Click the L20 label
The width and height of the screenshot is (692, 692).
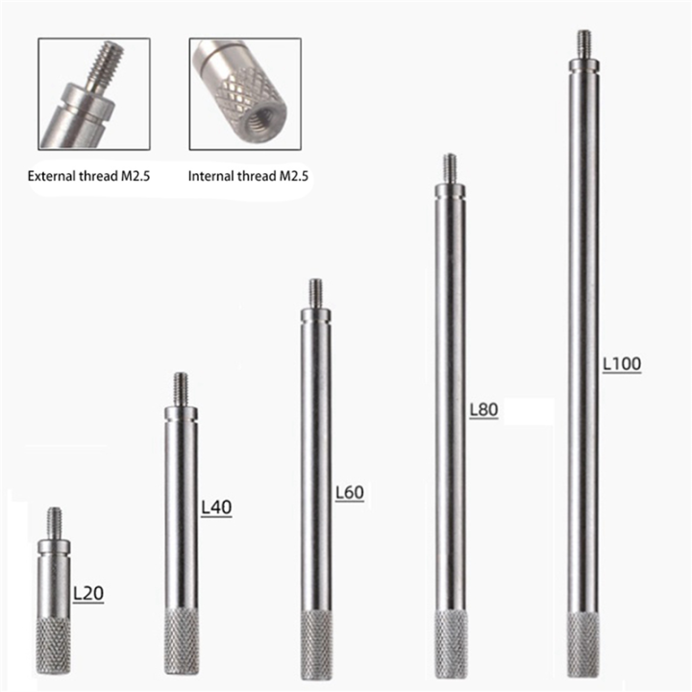(x=87, y=593)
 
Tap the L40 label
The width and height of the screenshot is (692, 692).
(x=217, y=507)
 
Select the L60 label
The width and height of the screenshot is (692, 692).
(x=349, y=493)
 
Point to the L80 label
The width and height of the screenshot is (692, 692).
(x=482, y=410)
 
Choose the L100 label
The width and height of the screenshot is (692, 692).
(x=621, y=364)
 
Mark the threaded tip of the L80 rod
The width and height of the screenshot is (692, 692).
(x=449, y=168)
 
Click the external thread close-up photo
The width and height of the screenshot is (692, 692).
(x=93, y=93)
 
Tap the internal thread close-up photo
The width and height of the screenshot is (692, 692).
(x=246, y=93)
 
